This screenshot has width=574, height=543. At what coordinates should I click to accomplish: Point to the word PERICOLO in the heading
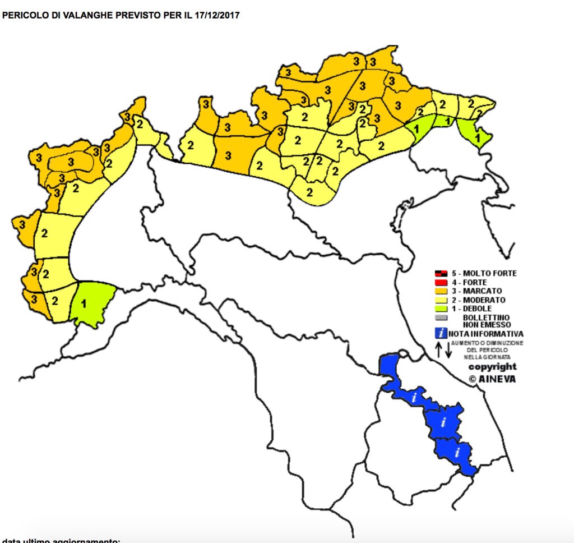coord(22,16)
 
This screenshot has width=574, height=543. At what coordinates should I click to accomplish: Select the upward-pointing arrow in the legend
coord(439,350)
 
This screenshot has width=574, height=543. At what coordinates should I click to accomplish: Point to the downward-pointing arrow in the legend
coord(448,350)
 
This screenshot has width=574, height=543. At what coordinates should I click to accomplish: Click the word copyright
coord(492,367)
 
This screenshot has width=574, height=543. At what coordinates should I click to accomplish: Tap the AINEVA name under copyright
coord(497,379)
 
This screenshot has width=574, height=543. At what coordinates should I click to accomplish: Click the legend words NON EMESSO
coord(487,324)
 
